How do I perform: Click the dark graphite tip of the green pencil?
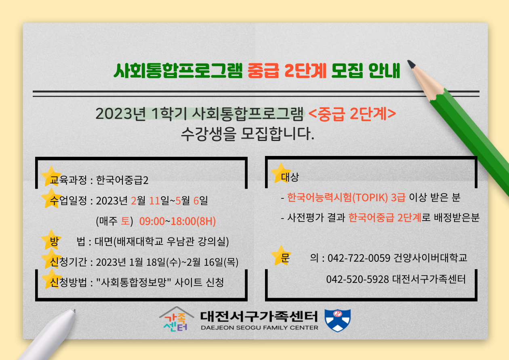[x=411, y=64]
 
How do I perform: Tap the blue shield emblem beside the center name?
[x=338, y=320]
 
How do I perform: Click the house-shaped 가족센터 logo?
[x=176, y=319]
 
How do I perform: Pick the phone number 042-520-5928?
[x=358, y=279]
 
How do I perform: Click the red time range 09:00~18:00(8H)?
[x=177, y=221]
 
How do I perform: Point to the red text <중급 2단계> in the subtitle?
[x=352, y=114]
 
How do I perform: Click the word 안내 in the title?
[x=384, y=71]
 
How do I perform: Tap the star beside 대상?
[x=281, y=173]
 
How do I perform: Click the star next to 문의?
[x=281, y=255]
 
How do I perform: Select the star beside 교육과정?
[x=51, y=176]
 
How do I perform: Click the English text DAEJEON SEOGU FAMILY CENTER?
[x=259, y=328]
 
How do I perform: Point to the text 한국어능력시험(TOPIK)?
[x=337, y=197]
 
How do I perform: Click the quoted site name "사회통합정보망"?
[x=133, y=282]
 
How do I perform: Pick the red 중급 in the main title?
[x=263, y=71]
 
